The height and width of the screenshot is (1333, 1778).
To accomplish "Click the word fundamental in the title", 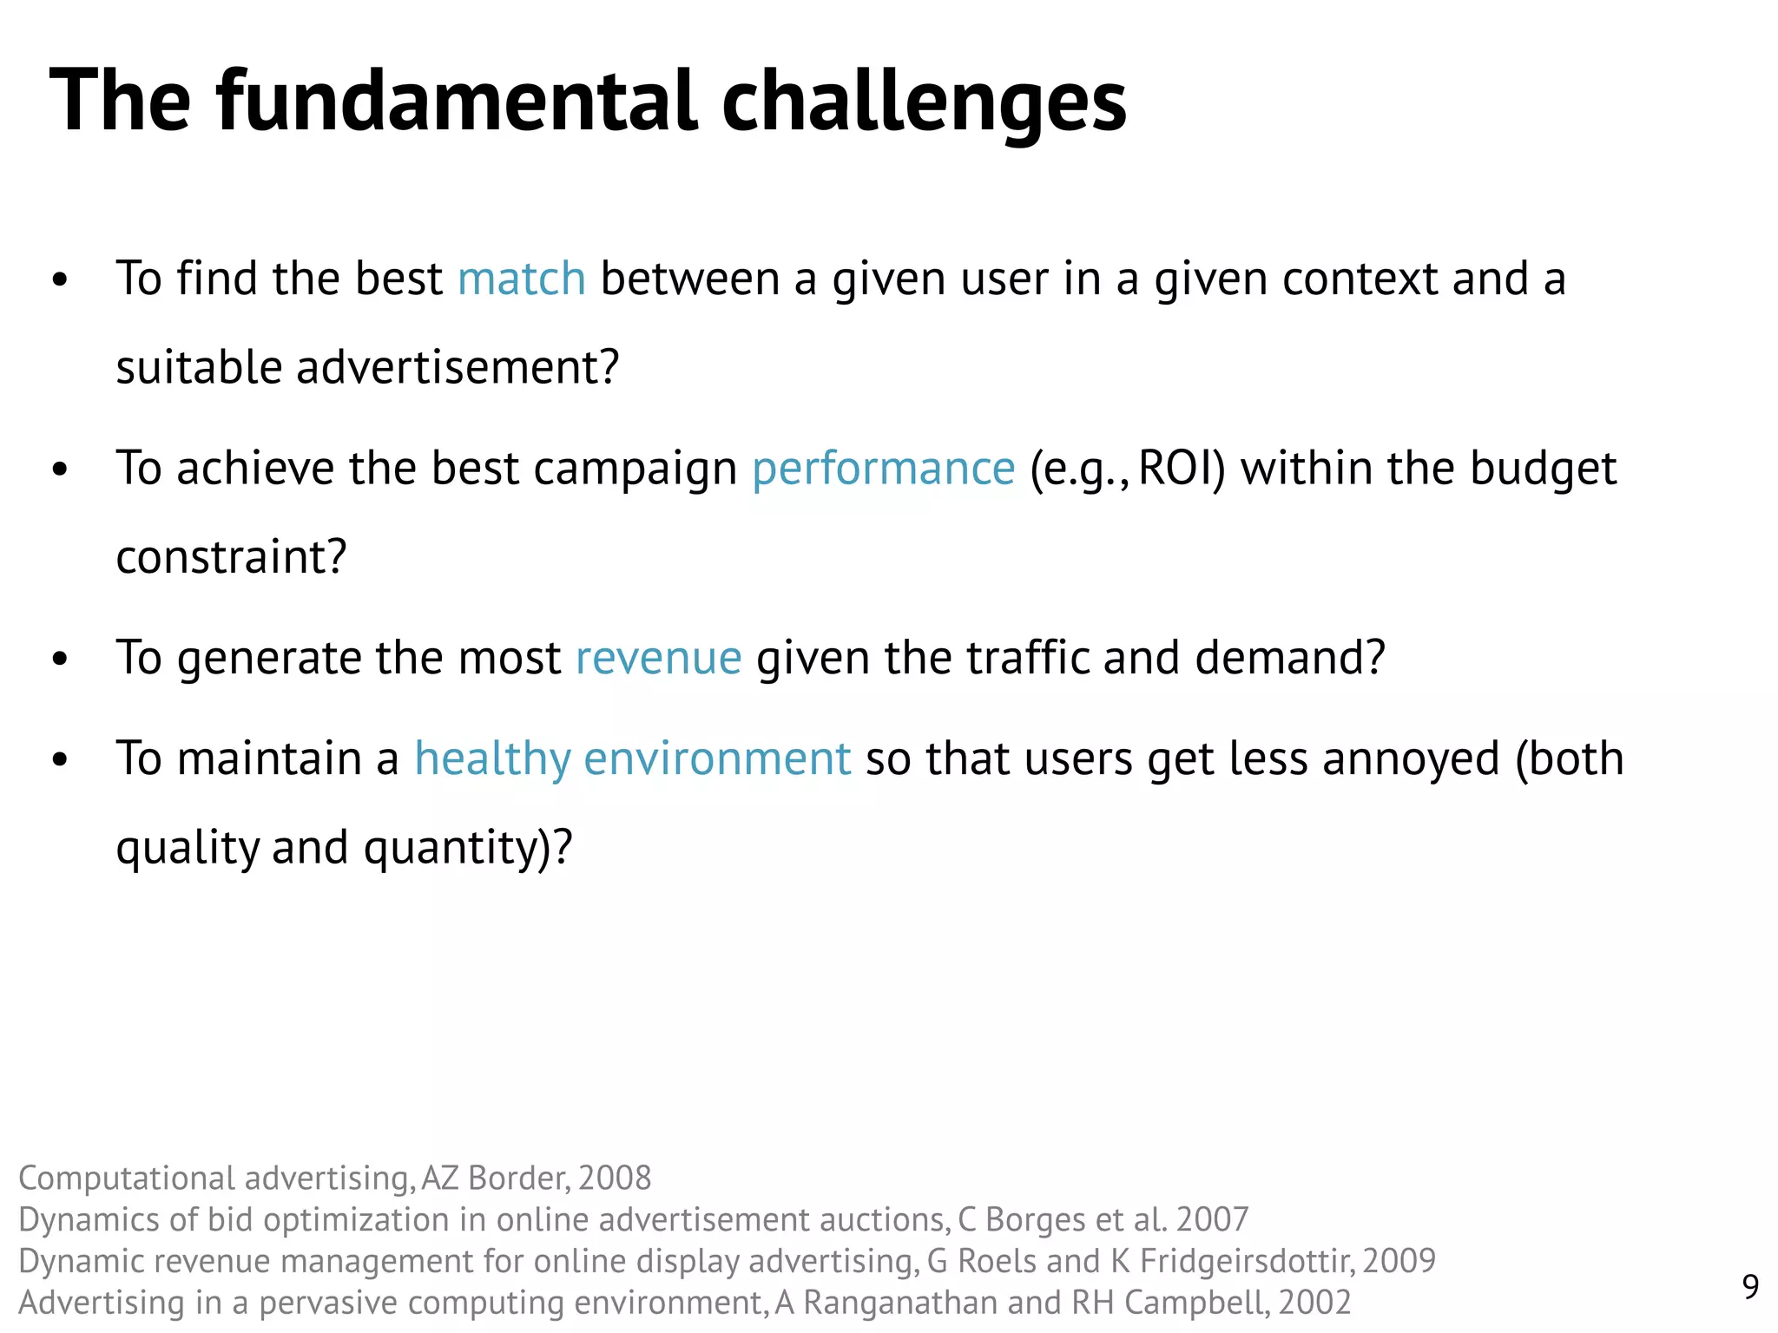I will [x=457, y=101].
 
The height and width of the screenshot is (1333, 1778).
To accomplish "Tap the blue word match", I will [x=521, y=279].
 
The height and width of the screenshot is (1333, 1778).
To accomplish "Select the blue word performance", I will [x=883, y=470].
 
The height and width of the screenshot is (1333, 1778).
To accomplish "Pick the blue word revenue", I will [x=658, y=658].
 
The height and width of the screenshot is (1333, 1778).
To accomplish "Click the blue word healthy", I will [x=492, y=759].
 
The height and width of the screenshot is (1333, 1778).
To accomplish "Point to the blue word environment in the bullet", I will [x=717, y=759].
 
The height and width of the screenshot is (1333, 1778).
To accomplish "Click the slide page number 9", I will [x=1750, y=1286].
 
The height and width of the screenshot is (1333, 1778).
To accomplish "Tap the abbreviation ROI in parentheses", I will [x=1179, y=468].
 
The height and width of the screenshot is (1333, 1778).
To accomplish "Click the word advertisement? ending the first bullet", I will [x=458, y=367].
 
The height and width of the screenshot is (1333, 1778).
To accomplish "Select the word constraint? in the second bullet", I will [x=231, y=557].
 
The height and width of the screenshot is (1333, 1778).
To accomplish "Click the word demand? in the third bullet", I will [x=1289, y=658].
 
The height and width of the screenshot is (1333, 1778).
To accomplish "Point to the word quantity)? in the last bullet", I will [x=468, y=848].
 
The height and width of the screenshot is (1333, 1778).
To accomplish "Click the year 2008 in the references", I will [x=614, y=1179].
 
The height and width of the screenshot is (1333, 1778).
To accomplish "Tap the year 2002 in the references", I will [x=1314, y=1303].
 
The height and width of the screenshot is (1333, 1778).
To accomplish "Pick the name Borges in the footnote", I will [x=1036, y=1220].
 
